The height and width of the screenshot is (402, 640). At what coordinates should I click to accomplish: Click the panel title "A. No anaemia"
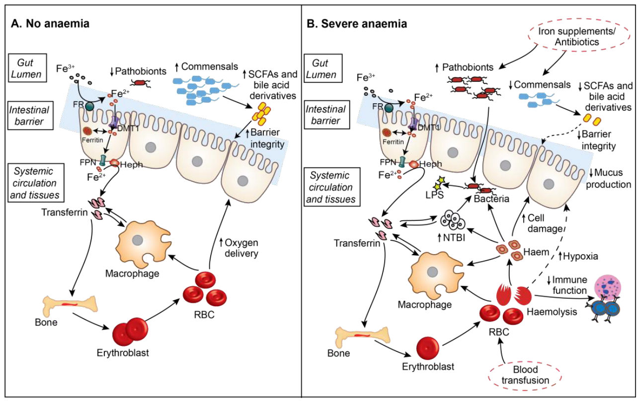pos(50,23)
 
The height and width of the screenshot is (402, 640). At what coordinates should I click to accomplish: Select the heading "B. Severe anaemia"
pos(357,24)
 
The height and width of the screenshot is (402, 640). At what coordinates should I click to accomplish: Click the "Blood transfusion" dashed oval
pos(525,375)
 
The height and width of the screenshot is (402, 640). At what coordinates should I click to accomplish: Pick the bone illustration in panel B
pos(362,335)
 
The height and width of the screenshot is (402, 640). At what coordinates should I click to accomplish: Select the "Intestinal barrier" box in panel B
pos(325,115)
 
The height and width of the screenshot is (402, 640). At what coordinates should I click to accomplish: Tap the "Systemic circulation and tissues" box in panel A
pos(35,183)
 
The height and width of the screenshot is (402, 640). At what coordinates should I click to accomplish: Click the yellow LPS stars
pos(439,183)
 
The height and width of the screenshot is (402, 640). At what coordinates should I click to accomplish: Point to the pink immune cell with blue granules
pos(609,290)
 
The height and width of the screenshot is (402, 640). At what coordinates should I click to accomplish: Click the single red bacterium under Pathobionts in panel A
pos(140,83)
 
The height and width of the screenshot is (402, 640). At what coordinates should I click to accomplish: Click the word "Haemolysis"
pos(552,312)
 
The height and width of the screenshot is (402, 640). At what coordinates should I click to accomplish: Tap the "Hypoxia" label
pos(578,256)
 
